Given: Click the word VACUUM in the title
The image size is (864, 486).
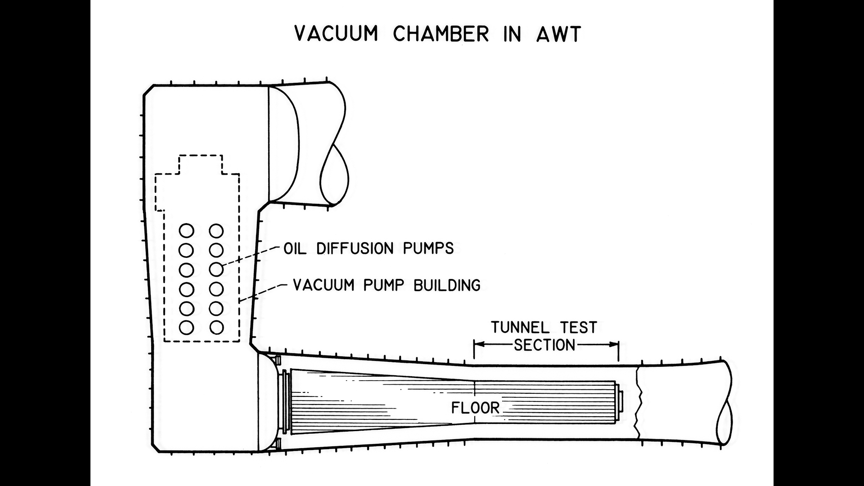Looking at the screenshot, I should point(336,34).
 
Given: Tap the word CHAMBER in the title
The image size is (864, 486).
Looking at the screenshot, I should point(441,34).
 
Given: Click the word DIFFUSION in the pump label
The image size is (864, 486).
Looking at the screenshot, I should point(355,248).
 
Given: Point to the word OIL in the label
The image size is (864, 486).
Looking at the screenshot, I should point(295,248).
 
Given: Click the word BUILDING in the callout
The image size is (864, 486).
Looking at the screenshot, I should point(447,285).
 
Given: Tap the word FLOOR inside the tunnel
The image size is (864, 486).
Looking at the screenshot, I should point(475,408).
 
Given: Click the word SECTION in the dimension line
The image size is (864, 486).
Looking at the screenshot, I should point(544,345).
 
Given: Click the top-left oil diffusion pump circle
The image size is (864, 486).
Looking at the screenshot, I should point(186,231).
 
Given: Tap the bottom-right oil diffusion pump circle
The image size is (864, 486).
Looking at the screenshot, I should point(216,328).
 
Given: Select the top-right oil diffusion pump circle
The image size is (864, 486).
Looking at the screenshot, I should point(216,231).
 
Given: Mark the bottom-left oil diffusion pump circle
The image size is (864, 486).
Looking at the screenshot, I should point(186,328).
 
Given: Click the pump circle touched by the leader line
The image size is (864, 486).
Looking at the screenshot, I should point(216,269).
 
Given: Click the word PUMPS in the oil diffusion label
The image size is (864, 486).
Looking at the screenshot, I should point(428,248).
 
